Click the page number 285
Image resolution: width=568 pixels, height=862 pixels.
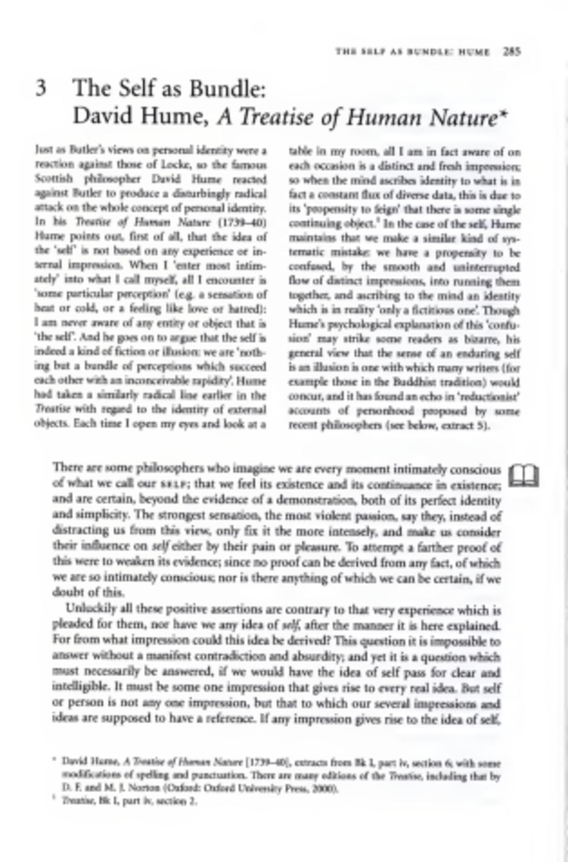(x=511, y=52)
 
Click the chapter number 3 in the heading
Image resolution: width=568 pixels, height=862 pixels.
(x=41, y=89)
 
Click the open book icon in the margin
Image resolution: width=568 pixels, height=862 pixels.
(x=523, y=475)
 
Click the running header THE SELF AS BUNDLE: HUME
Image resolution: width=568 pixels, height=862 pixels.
(x=413, y=52)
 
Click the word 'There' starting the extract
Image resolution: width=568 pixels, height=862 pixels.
(x=68, y=468)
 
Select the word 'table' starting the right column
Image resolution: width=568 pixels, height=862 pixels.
(x=300, y=152)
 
